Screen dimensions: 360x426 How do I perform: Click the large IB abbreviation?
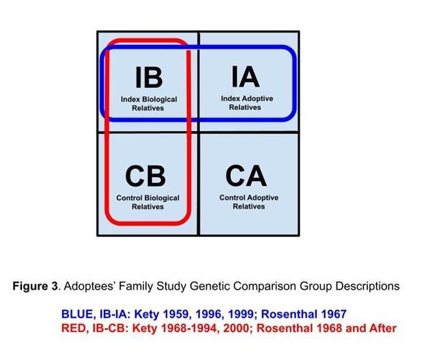148,77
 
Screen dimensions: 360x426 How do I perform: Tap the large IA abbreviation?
246,76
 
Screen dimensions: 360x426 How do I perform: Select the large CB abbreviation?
145,176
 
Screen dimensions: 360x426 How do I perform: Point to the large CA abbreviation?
246,176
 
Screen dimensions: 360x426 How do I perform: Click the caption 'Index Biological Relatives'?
148,104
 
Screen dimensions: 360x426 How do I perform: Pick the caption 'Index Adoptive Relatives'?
246,102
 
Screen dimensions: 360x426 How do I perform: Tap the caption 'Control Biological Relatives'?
147,202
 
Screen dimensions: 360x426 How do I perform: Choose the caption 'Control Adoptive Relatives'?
248,202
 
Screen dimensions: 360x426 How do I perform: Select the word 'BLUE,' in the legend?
75,314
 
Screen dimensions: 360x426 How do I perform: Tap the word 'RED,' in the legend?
73,329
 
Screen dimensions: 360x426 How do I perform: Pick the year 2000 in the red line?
237,329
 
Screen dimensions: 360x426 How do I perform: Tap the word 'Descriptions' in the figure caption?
367,285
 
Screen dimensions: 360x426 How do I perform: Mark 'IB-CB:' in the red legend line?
109,329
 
